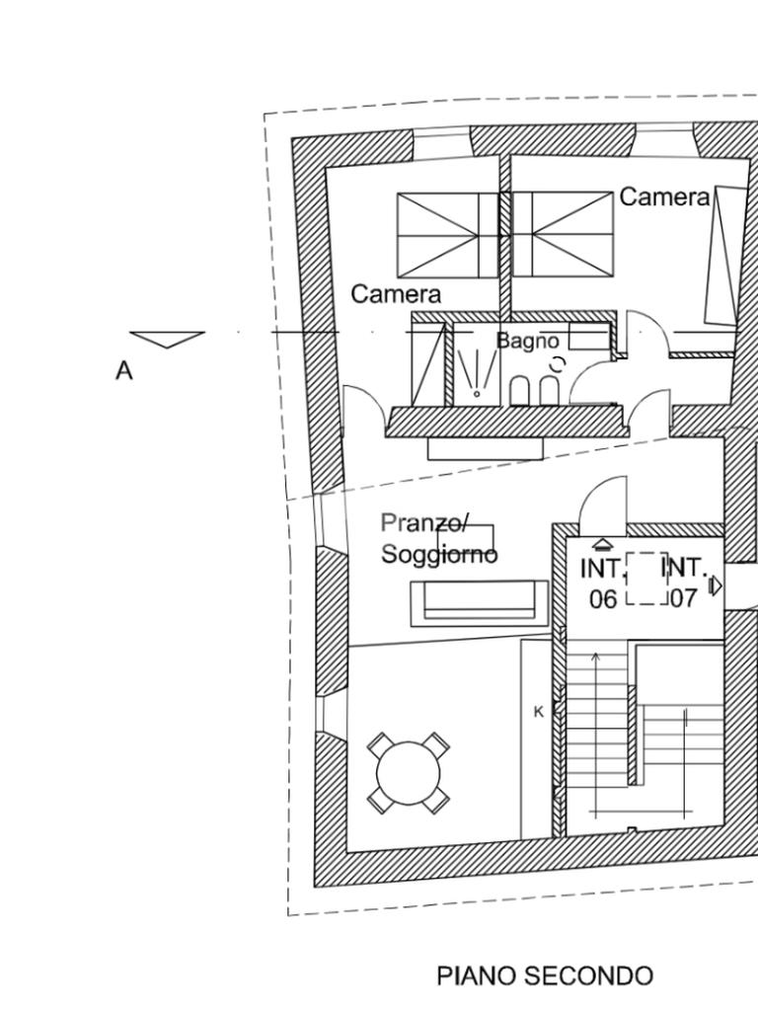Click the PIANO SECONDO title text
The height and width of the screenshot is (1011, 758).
click(545, 975)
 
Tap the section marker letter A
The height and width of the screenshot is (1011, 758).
click(123, 371)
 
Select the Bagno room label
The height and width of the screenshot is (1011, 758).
click(527, 341)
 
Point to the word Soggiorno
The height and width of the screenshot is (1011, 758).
click(439, 555)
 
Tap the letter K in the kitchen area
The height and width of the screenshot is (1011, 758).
click(539, 712)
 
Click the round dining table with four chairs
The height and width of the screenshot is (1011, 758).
click(408, 774)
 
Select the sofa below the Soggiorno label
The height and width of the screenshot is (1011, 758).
click(481, 603)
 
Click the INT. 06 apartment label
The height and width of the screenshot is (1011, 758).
click(603, 584)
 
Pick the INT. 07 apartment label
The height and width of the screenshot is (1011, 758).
click(685, 584)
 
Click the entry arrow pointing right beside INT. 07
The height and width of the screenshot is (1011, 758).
click(716, 586)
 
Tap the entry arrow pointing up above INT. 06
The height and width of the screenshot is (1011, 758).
click(601, 545)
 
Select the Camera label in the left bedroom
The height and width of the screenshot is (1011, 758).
click(396, 294)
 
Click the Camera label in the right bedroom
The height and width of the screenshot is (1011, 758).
click(664, 196)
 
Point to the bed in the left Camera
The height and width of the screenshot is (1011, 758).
click(447, 235)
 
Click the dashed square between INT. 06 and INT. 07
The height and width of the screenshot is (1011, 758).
click(646, 579)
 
